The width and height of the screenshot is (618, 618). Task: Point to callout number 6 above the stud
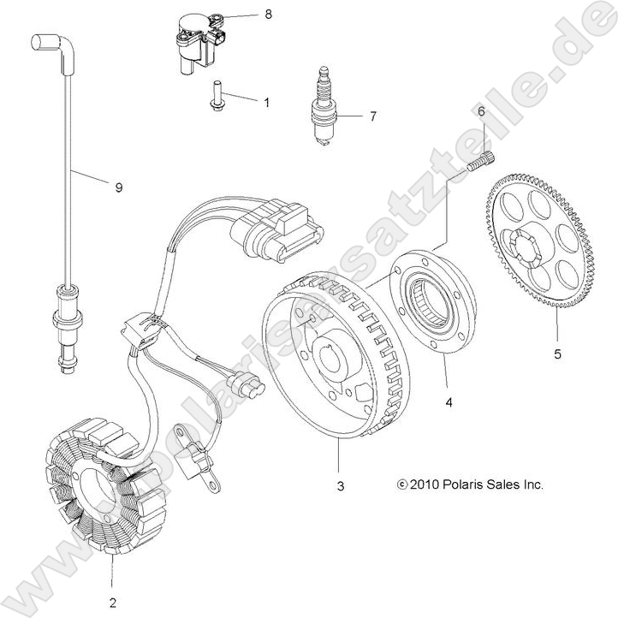(482, 112)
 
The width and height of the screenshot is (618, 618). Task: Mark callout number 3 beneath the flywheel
(340, 486)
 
